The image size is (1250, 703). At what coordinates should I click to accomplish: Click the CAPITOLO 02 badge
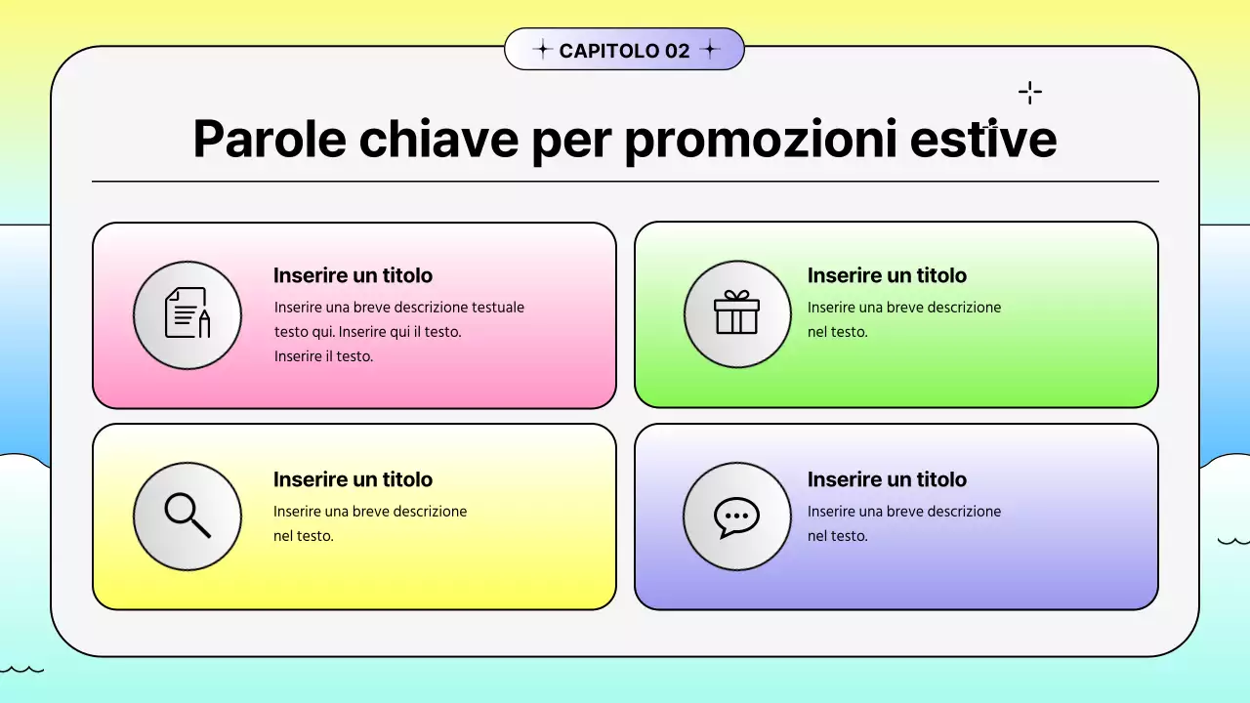(x=624, y=50)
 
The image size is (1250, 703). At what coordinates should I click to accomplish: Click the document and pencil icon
(x=187, y=314)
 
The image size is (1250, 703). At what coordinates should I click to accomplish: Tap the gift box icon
(x=737, y=314)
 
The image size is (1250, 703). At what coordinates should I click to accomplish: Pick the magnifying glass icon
(x=187, y=516)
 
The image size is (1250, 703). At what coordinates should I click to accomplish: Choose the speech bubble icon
(x=737, y=516)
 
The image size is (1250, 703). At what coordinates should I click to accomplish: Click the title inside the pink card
(x=353, y=275)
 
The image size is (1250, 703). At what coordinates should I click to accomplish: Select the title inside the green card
(x=887, y=275)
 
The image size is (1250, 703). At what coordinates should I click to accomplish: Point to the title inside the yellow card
(x=353, y=479)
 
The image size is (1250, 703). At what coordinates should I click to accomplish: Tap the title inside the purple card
(x=887, y=479)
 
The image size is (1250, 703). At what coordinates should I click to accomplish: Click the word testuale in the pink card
(x=498, y=308)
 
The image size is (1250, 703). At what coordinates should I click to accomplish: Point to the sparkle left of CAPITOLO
(x=542, y=50)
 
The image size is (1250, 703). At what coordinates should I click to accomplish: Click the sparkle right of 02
(x=710, y=50)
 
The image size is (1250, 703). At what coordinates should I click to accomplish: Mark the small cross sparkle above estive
(x=1029, y=93)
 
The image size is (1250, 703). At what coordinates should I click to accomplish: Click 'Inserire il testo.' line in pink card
(x=323, y=356)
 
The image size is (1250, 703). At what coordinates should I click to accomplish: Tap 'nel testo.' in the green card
(x=837, y=332)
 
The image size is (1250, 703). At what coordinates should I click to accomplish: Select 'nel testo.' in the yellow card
(x=304, y=536)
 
